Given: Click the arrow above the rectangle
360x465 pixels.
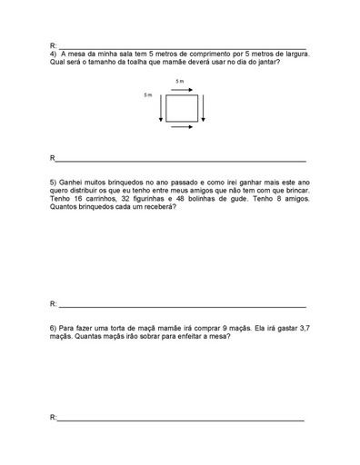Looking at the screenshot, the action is (x=180, y=90).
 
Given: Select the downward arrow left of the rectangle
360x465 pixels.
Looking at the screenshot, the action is (x=161, y=108).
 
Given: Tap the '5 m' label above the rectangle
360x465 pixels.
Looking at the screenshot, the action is (x=179, y=82).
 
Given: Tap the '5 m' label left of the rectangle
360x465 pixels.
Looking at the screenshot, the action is (x=148, y=94).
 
